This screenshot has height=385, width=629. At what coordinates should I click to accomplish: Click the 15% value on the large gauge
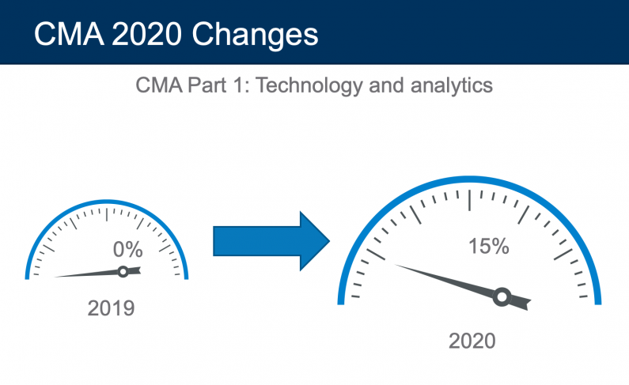488,247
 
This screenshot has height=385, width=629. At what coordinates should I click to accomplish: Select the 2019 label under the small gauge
111,308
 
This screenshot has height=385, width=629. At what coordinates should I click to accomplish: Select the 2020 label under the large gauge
472,341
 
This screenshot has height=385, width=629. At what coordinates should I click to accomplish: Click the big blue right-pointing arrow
271,240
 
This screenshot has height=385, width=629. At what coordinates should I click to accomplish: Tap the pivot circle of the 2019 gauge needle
123,271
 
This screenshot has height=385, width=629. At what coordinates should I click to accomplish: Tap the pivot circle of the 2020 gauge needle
501,296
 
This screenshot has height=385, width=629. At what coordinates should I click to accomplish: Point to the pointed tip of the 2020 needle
396,266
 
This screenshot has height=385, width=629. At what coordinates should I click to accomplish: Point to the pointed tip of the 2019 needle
55,277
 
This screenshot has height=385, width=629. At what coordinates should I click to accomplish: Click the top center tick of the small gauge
108,211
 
